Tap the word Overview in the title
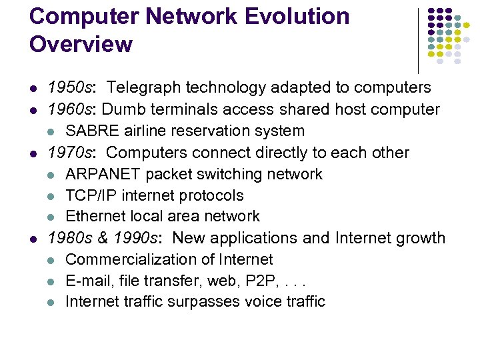point(81,45)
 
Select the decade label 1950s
point(71,87)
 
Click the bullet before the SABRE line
point(52,131)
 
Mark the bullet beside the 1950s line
point(33,88)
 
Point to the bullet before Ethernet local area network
point(52,217)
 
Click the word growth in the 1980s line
point(419,238)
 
